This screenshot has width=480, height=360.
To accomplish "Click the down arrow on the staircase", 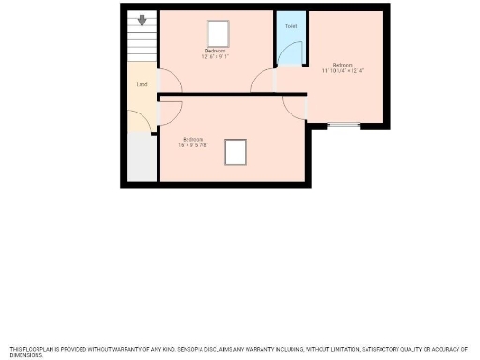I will tap(142, 20).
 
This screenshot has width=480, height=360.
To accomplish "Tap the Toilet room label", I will tap(291, 26).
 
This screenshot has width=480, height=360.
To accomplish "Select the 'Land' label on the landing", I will tap(142, 84).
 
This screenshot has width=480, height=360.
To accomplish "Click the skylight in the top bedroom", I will tap(218, 34).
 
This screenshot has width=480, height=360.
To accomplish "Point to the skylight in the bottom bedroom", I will tap(236, 150).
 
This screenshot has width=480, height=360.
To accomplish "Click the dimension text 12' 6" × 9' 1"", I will tap(216, 56).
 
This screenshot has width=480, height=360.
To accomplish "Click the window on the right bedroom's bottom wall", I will tap(345, 125).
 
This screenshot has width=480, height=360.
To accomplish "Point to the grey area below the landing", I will tap(142, 157).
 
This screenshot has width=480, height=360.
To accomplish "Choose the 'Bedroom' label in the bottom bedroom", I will tap(192, 139).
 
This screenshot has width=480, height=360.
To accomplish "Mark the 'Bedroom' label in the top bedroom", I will tap(216, 51).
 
